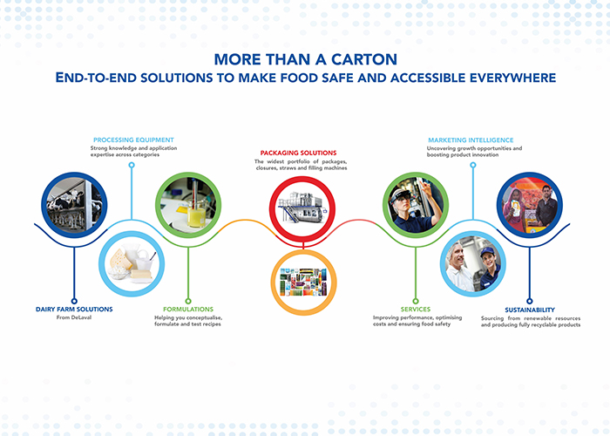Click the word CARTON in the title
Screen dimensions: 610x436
364,59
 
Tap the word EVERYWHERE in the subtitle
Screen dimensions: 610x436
512,78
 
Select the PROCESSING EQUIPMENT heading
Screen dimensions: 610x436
133,140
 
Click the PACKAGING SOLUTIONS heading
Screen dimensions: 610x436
298,153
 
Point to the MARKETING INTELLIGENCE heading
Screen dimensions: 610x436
471,140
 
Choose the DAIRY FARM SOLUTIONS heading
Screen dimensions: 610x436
74,309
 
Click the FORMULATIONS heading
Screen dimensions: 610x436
188,309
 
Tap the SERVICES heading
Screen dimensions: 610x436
416,309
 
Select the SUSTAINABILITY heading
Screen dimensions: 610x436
530,310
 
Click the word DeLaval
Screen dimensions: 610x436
81,317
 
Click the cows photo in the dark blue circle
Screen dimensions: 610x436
74,205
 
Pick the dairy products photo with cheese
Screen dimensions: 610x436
132,264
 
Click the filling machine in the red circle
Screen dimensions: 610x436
302,208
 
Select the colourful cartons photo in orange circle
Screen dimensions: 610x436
303,282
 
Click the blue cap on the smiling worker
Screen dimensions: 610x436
487,252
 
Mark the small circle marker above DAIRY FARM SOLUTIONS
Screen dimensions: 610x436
74,301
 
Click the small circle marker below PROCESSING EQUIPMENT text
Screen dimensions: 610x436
132,165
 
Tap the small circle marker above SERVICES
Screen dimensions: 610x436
416,301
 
